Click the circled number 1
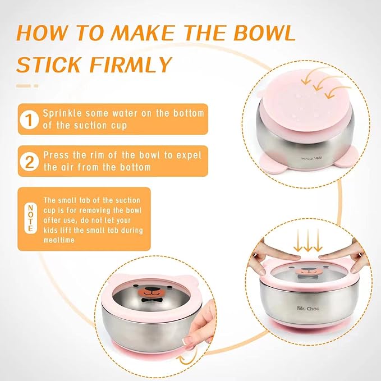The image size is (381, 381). click(27, 118)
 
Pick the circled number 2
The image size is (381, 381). click(27, 161)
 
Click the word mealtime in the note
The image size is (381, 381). click(60, 239)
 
